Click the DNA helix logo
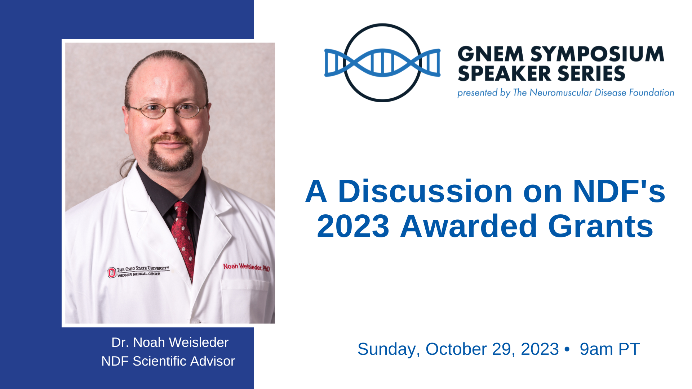[x=382, y=63]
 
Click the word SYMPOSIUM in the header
[x=597, y=54]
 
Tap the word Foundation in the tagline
[x=652, y=93]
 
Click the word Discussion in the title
[x=425, y=191]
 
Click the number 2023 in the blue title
[x=353, y=226]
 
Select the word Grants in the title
[x=600, y=226]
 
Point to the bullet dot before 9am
[x=567, y=349]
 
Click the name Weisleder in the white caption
[x=199, y=342]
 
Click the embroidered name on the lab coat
[x=247, y=267]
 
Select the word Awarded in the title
[x=469, y=226]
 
